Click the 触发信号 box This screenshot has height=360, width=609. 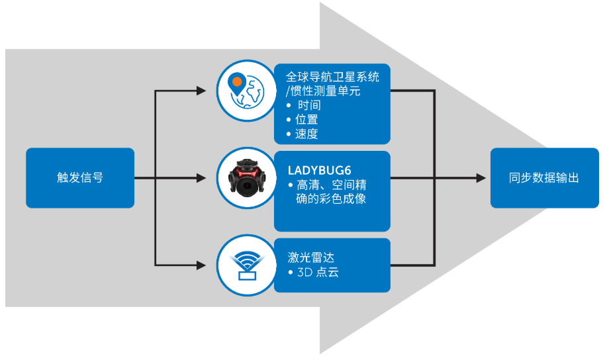pyautogui.click(x=80, y=177)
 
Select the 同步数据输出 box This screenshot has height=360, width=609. pyautogui.click(x=544, y=177)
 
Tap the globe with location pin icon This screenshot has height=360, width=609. pyautogui.click(x=246, y=91)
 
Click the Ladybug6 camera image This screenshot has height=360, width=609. pyautogui.click(x=246, y=177)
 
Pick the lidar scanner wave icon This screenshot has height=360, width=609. pyautogui.click(x=246, y=265)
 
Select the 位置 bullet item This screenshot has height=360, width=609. pyautogui.click(x=308, y=120)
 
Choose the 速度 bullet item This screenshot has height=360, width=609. pyautogui.click(x=308, y=134)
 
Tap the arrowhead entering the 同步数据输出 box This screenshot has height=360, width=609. pyautogui.click(x=484, y=177)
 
